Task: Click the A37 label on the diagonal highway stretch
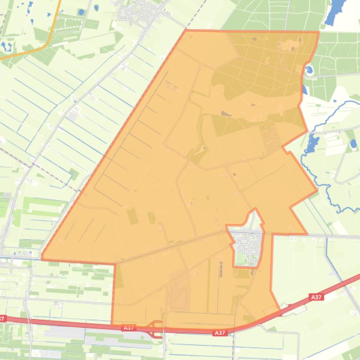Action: click(x=317, y=296)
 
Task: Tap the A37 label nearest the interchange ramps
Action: click(x=129, y=328)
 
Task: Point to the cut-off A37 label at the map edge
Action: click(x=2, y=318)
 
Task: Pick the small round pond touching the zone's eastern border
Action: click(x=309, y=71)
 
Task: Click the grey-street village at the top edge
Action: click(x=140, y=12)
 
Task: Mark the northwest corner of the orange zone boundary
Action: click(x=186, y=30)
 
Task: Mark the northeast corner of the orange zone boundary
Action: click(x=319, y=32)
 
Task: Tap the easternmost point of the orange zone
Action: click(x=317, y=191)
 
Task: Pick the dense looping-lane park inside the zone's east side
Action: click(x=270, y=136)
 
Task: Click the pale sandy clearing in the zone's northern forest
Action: click(x=287, y=45)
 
